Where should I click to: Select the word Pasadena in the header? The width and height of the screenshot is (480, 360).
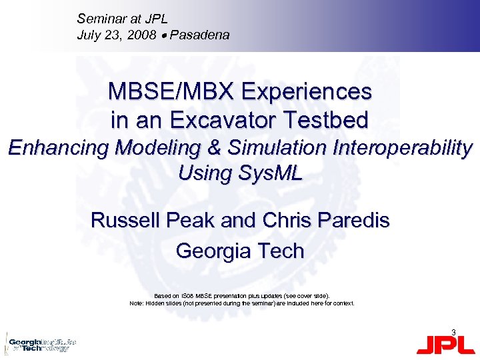[x=199, y=35]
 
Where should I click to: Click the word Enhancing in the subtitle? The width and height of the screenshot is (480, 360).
[x=59, y=147]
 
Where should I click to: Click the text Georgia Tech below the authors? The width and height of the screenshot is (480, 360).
[x=240, y=251]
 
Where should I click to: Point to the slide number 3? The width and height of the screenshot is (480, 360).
[x=453, y=331]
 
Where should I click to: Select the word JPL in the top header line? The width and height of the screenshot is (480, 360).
[x=154, y=19]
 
